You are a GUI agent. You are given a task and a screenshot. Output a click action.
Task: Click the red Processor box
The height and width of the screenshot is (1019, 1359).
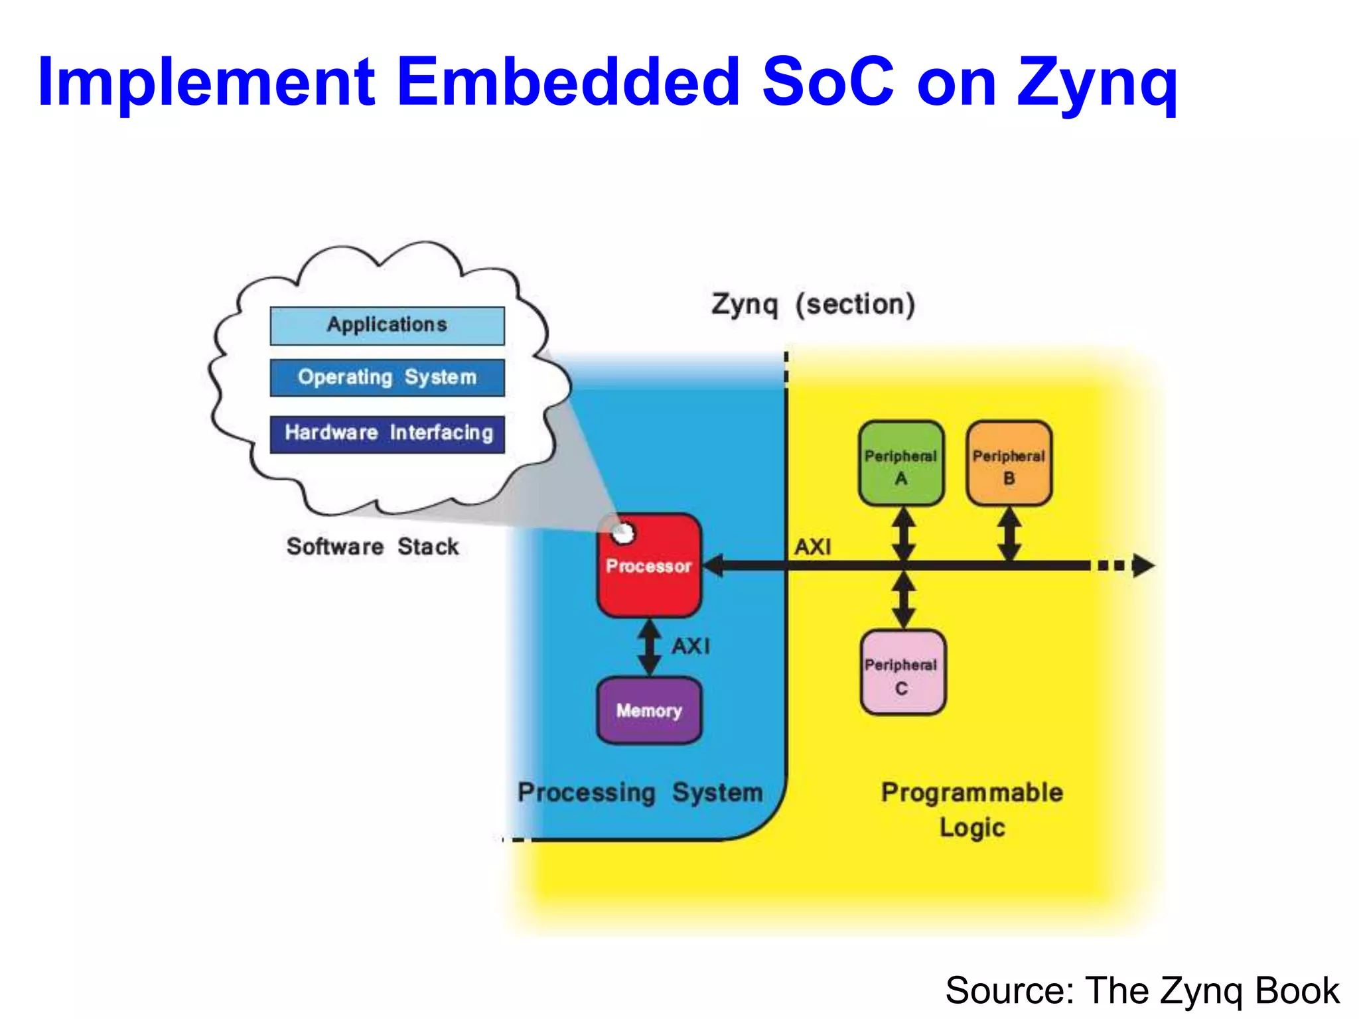click(x=649, y=566)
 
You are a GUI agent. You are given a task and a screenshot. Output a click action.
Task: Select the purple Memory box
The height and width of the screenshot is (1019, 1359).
click(x=649, y=710)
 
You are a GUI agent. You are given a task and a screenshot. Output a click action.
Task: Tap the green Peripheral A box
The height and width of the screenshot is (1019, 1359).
click(x=900, y=464)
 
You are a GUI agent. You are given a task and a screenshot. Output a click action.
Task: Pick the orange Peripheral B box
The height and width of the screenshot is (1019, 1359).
click(x=1009, y=464)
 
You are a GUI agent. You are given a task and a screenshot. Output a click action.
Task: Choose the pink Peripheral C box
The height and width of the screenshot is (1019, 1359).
click(x=902, y=673)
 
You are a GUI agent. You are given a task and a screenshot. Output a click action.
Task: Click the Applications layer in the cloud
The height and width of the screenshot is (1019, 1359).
click(x=387, y=325)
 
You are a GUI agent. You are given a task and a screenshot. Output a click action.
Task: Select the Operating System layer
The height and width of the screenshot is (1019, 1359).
click(x=387, y=377)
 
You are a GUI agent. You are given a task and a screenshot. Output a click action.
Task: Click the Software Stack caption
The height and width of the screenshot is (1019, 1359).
click(x=372, y=547)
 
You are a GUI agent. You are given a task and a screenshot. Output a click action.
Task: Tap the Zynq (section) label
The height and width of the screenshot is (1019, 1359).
click(x=813, y=305)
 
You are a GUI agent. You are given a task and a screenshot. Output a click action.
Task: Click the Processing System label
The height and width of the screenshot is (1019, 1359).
click(x=640, y=793)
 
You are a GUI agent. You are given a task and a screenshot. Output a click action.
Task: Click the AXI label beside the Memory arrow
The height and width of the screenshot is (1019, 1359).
click(x=691, y=646)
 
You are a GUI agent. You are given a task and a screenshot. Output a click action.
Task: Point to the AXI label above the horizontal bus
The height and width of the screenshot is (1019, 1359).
click(x=813, y=547)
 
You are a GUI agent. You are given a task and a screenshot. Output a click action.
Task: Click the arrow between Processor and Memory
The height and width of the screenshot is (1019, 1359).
click(x=649, y=647)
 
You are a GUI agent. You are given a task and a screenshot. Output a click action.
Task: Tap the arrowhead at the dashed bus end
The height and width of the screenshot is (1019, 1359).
click(x=1143, y=566)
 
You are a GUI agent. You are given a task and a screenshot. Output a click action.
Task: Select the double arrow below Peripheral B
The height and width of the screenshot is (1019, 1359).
click(x=1009, y=535)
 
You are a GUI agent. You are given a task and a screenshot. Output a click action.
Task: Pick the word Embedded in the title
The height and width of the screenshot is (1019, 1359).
click(x=568, y=82)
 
